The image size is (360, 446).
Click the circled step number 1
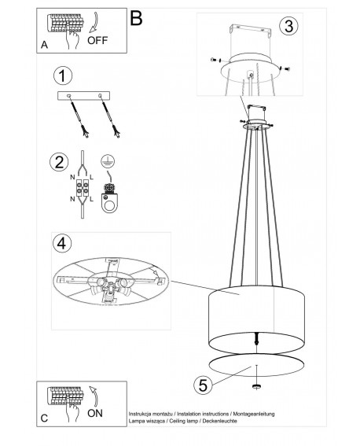[63, 76]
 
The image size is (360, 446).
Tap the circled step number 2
[59, 162]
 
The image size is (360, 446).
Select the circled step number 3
[288, 26]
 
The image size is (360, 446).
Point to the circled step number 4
[62, 244]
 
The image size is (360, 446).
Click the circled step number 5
[203, 385]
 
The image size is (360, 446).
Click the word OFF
[97, 40]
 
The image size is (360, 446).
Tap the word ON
[95, 413]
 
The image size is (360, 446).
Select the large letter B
[136, 18]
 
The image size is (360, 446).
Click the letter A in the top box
[44, 45]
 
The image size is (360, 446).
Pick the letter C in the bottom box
[44, 418]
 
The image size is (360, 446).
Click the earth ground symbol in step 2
[108, 161]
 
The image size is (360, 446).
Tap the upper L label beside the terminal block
[91, 177]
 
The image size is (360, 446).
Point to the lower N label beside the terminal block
[73, 199]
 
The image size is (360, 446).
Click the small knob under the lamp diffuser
[256, 386]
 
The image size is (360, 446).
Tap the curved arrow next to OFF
[94, 22]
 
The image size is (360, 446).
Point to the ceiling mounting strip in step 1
[83, 96]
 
